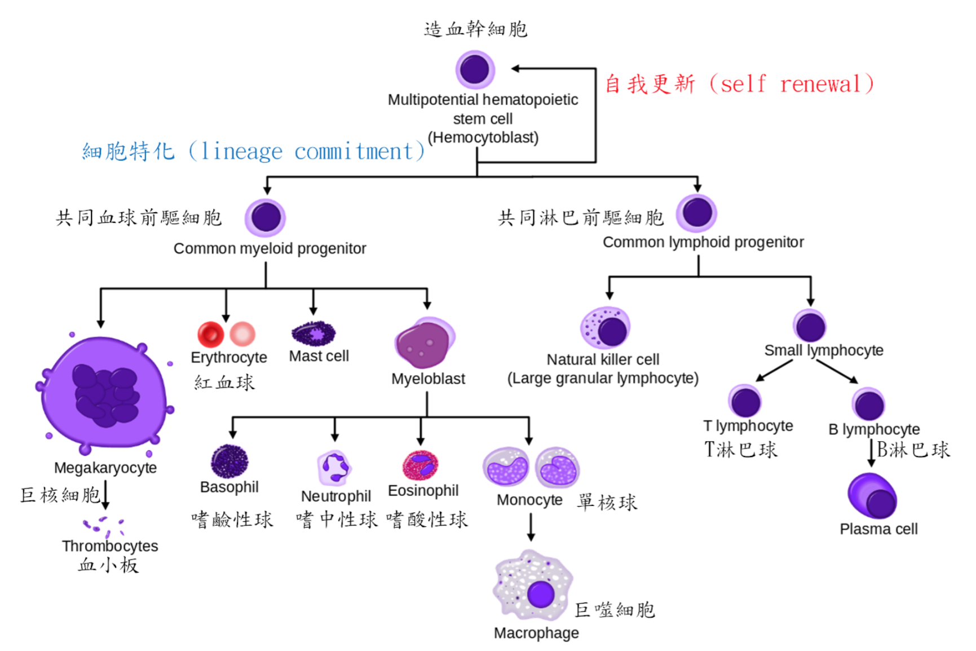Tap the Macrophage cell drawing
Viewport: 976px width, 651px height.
tap(533, 587)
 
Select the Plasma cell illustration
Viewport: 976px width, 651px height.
tap(872, 496)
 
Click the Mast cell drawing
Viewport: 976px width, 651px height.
tap(313, 333)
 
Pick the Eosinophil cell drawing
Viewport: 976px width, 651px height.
tap(420, 465)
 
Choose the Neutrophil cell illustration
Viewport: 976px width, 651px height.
tap(334, 468)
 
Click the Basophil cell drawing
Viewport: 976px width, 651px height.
tap(229, 461)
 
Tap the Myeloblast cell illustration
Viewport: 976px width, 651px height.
tap(424, 343)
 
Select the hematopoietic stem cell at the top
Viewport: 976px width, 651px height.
tap(475, 69)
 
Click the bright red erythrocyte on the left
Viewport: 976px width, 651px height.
tap(210, 334)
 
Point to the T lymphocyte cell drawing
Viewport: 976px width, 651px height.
tap(745, 401)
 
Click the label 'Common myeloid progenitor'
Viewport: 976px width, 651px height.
tap(270, 248)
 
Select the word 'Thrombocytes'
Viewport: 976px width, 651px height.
tap(110, 546)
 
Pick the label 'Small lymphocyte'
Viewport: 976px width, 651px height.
tap(823, 350)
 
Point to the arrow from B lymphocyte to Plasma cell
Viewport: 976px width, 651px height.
tap(871, 452)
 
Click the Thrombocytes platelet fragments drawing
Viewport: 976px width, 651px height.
tap(103, 526)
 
